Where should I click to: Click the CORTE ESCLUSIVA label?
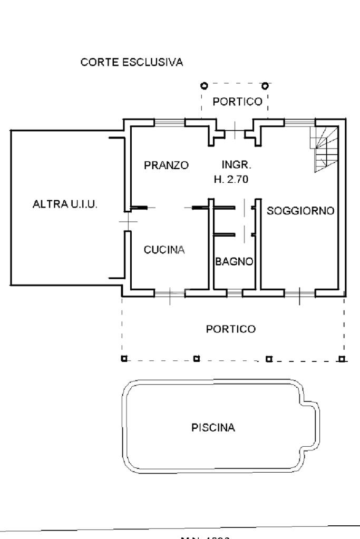(x=132, y=63)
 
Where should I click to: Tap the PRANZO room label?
(x=167, y=165)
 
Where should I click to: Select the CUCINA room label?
(x=164, y=250)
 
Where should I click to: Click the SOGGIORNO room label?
(x=300, y=211)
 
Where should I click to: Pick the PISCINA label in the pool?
(x=213, y=427)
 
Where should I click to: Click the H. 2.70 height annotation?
(x=231, y=179)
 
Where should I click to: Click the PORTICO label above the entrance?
(x=237, y=102)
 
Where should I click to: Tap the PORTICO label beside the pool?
(x=230, y=329)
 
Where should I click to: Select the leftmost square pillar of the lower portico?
(x=124, y=359)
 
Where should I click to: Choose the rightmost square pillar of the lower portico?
(x=342, y=359)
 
